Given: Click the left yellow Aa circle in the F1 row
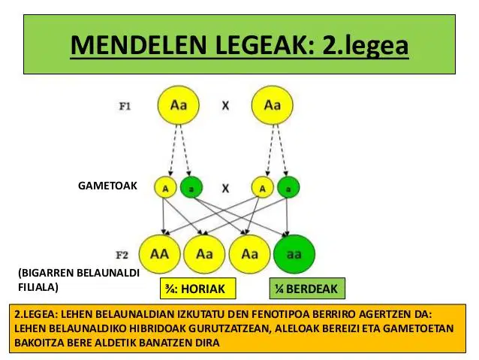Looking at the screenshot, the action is [179, 105].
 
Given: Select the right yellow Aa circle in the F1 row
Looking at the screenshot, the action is [273, 105].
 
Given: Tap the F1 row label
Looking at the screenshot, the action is [125, 107].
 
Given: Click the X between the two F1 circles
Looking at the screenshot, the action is [225, 106].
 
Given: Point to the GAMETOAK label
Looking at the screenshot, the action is [107, 186].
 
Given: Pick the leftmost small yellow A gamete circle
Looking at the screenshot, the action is [165, 187].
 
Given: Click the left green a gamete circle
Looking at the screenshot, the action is [191, 187].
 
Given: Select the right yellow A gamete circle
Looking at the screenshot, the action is [263, 187].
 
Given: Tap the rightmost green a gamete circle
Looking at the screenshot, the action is [288, 187].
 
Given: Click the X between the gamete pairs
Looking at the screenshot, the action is [225, 189].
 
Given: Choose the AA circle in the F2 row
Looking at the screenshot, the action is [159, 254].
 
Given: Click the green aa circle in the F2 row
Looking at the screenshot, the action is [294, 254].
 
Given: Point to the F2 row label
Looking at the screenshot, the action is [122, 255].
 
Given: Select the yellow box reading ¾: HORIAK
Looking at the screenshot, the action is [198, 289].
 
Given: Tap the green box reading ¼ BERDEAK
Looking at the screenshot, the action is [307, 289].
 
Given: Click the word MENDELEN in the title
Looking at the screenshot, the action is [140, 45].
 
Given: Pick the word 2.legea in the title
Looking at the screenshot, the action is [366, 46].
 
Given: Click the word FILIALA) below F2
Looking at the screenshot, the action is [38, 288].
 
